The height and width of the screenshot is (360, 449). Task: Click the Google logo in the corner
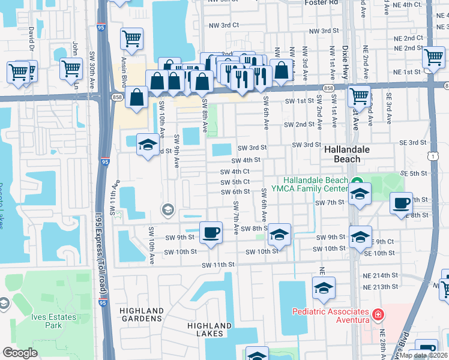pyautogui.click(x=20, y=352)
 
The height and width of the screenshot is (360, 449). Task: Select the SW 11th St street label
pyautogui.click(x=217, y=265)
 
